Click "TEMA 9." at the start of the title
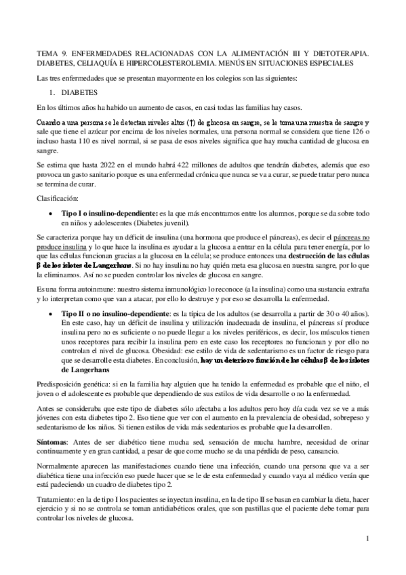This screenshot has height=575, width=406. tap(52, 52)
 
